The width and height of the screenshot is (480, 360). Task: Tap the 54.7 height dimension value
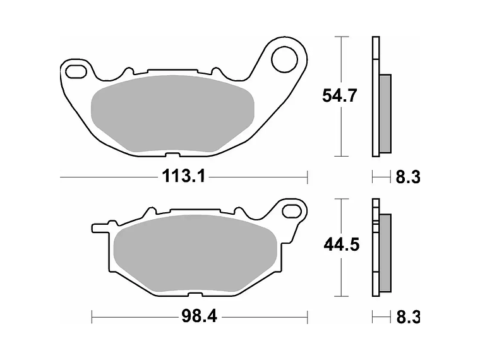click(340, 96)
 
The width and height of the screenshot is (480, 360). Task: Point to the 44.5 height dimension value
click(341, 244)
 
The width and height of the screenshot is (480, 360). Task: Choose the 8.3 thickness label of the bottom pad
click(407, 317)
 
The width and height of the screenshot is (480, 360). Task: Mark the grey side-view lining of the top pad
click(385, 114)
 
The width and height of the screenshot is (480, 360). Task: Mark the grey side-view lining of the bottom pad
click(385, 252)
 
